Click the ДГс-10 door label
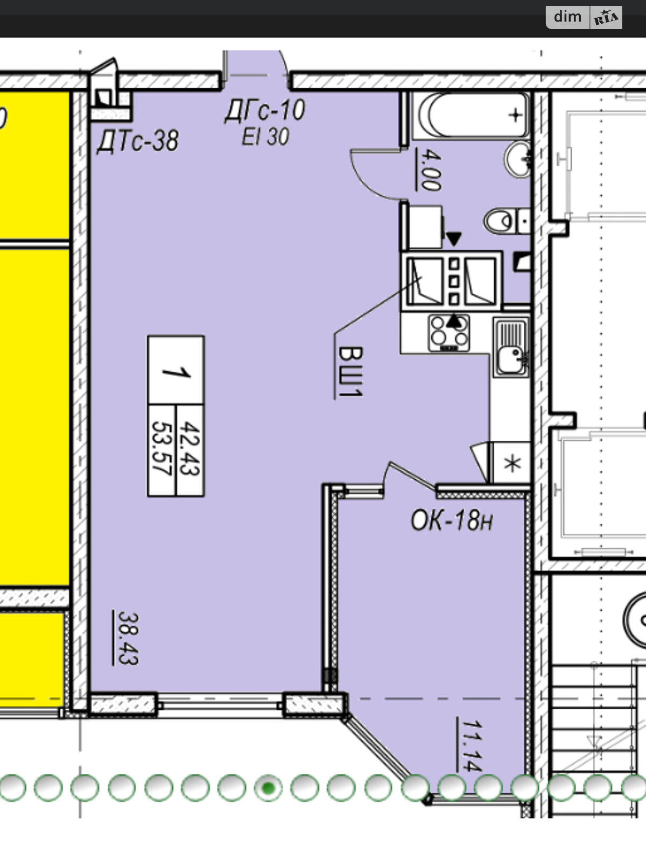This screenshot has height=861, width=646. (265, 110)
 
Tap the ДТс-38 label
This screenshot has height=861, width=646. (138, 141)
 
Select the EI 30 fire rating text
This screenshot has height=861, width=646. (265, 137)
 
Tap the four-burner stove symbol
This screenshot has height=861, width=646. (449, 334)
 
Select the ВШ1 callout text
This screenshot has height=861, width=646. (350, 372)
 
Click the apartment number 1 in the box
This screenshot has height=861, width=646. (176, 370)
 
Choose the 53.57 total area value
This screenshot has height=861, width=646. (161, 448)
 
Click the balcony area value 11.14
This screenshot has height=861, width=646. (472, 745)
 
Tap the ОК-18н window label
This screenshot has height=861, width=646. (452, 521)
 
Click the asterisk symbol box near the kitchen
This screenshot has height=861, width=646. (511, 463)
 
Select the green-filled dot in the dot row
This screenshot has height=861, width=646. (268, 787)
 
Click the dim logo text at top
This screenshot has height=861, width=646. (567, 17)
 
